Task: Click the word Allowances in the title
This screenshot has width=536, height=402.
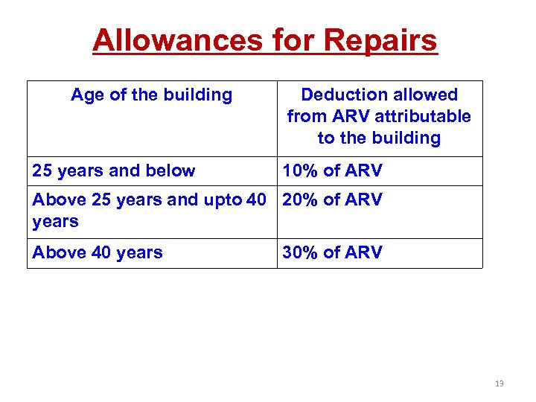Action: [x=176, y=40]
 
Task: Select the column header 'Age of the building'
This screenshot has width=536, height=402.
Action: [x=151, y=95]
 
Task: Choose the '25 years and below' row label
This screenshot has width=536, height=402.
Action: [x=113, y=170]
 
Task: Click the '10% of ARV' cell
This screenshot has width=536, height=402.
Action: [x=332, y=170]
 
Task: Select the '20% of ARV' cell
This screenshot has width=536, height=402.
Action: [x=332, y=200]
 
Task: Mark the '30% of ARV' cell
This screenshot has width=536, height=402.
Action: [x=332, y=252]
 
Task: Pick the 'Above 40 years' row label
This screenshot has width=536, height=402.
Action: [x=97, y=252]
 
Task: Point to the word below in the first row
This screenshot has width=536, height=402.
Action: [x=172, y=170]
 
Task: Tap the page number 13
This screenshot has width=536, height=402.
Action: [x=499, y=383]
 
